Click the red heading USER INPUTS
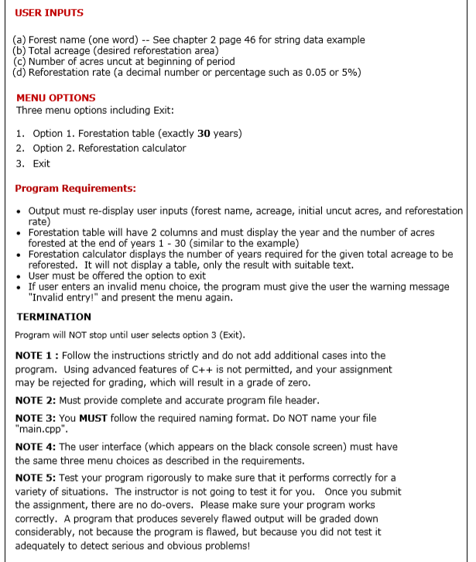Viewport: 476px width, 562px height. coord(50,13)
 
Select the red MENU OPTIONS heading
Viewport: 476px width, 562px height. coord(56,98)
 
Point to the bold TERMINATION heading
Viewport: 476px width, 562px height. coord(53,317)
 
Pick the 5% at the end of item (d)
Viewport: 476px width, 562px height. coord(349,73)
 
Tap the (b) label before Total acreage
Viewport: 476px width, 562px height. coord(19,50)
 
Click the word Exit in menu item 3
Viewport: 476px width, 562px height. coord(42,163)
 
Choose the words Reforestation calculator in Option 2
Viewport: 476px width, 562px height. coord(128,148)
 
